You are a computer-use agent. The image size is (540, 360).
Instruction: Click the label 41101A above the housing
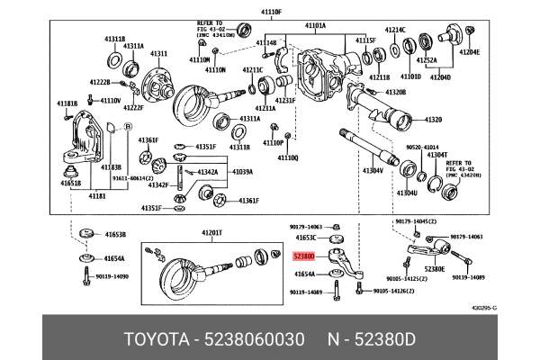coord(316,26)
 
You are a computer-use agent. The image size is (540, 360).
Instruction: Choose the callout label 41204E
coord(470,52)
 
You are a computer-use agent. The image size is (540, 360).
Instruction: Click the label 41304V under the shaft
coord(373,170)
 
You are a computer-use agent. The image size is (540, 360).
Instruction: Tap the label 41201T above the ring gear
coord(211,232)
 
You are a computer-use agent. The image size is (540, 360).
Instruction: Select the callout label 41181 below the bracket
coord(96,194)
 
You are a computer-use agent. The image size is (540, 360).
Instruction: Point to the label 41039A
coord(242,172)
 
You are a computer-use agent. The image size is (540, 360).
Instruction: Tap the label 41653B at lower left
coord(114,234)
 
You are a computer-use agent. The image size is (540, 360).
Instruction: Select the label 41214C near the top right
coord(396,31)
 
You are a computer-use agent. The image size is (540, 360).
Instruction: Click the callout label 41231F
coord(284,101)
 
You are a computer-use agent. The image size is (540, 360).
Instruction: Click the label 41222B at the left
coord(100,82)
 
